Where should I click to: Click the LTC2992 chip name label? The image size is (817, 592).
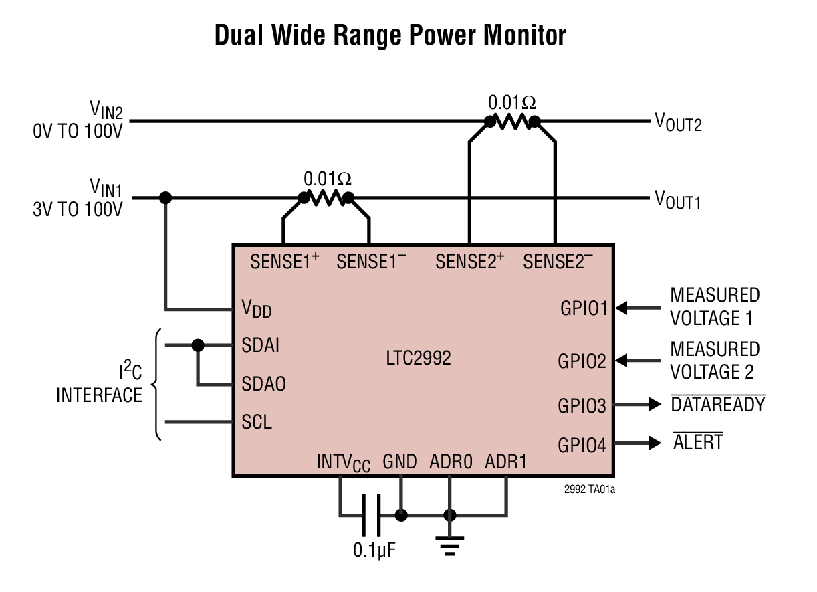pos(419,358)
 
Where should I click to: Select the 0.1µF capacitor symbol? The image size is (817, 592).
pos(370,514)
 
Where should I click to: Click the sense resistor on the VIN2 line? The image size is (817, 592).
pos(512,122)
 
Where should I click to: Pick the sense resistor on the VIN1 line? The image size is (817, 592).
pos(326,198)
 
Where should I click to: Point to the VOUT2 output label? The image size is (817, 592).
pos(678,122)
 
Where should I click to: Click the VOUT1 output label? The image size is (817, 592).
pos(678,199)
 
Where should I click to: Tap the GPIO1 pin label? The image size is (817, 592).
pos(583,309)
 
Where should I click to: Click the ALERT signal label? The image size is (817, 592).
pos(698,442)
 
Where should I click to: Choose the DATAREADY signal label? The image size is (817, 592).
pos(718,404)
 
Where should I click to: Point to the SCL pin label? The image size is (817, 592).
pos(257,423)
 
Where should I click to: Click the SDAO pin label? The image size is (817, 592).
pos(263,384)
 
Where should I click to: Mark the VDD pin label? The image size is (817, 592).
pos(256,308)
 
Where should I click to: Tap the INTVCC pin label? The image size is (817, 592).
pos(343,463)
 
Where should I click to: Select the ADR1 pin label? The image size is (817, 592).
pos(505,462)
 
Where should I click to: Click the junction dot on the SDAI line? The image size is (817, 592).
pos(197,345)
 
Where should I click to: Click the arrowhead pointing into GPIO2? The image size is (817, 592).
pos(621,360)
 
